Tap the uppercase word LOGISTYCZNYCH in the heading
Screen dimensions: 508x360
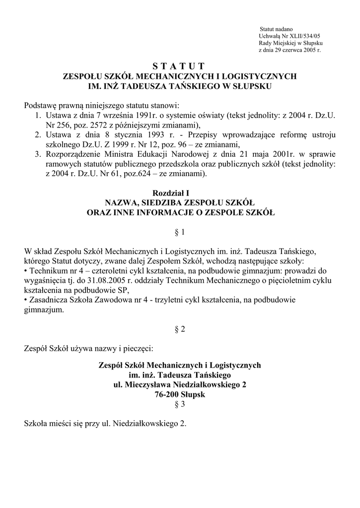coord(263,76)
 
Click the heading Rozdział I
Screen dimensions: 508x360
coord(179,192)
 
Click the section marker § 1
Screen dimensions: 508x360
coord(179,231)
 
